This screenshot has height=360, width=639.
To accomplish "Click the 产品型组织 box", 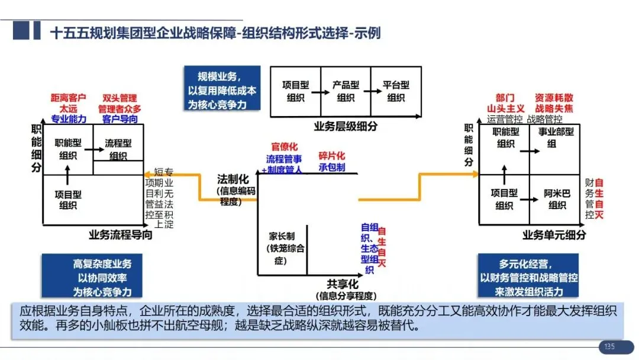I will click(346, 91).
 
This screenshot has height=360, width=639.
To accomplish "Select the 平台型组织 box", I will click(396, 91).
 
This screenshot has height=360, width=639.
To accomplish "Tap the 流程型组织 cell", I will click(118, 149).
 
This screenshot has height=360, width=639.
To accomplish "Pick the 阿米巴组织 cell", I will click(557, 199).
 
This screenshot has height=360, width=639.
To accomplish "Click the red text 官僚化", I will click(285, 146).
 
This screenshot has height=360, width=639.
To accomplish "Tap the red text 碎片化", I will click(331, 156).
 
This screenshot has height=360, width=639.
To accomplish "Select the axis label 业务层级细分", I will click(346, 126).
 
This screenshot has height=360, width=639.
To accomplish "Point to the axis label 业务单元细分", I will click(554, 235).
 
